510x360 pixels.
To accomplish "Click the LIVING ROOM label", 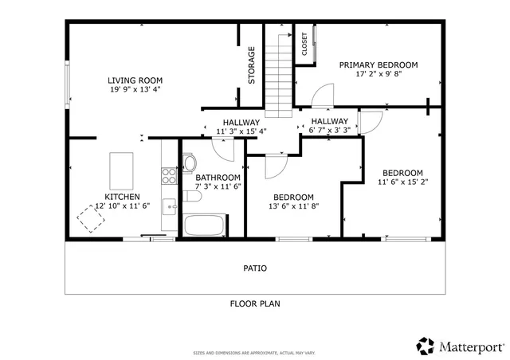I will (135, 80).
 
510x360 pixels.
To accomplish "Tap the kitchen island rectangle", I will (121, 168).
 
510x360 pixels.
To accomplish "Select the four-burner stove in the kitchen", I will (169, 174).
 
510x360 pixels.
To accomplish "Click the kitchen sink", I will (170, 207).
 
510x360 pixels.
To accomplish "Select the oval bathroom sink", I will (188, 163).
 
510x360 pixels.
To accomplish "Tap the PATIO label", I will (255, 268).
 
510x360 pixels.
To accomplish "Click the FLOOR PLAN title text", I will (255, 303).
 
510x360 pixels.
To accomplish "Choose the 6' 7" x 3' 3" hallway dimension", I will (330, 130).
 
